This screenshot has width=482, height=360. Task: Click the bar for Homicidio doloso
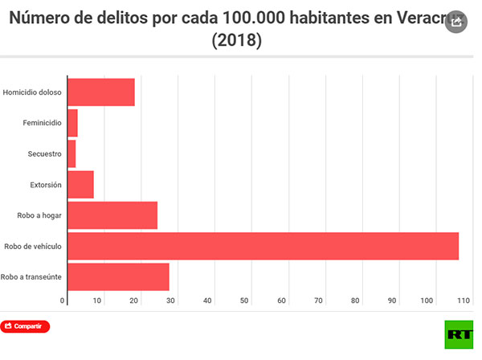point(100,92)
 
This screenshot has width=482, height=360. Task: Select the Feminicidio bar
point(72,123)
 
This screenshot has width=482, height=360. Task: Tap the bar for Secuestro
point(71,153)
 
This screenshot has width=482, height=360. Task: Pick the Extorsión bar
point(80,184)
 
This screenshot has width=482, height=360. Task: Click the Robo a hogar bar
point(112,215)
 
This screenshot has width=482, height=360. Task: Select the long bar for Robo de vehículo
point(263,246)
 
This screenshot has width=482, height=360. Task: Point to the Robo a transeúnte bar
point(118,276)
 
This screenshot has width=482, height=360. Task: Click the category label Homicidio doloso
point(32,92)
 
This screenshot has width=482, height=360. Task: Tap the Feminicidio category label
point(42,123)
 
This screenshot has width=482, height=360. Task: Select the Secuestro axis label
point(43,153)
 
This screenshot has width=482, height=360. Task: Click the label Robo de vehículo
point(33,246)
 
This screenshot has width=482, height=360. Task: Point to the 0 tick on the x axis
point(63,301)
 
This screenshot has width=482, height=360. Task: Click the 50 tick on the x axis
point(244,301)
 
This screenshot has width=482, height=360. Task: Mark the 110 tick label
point(463,301)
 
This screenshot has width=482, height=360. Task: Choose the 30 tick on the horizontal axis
point(170,301)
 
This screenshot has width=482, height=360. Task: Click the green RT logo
point(459,333)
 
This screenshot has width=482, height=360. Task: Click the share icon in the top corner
point(457,23)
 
